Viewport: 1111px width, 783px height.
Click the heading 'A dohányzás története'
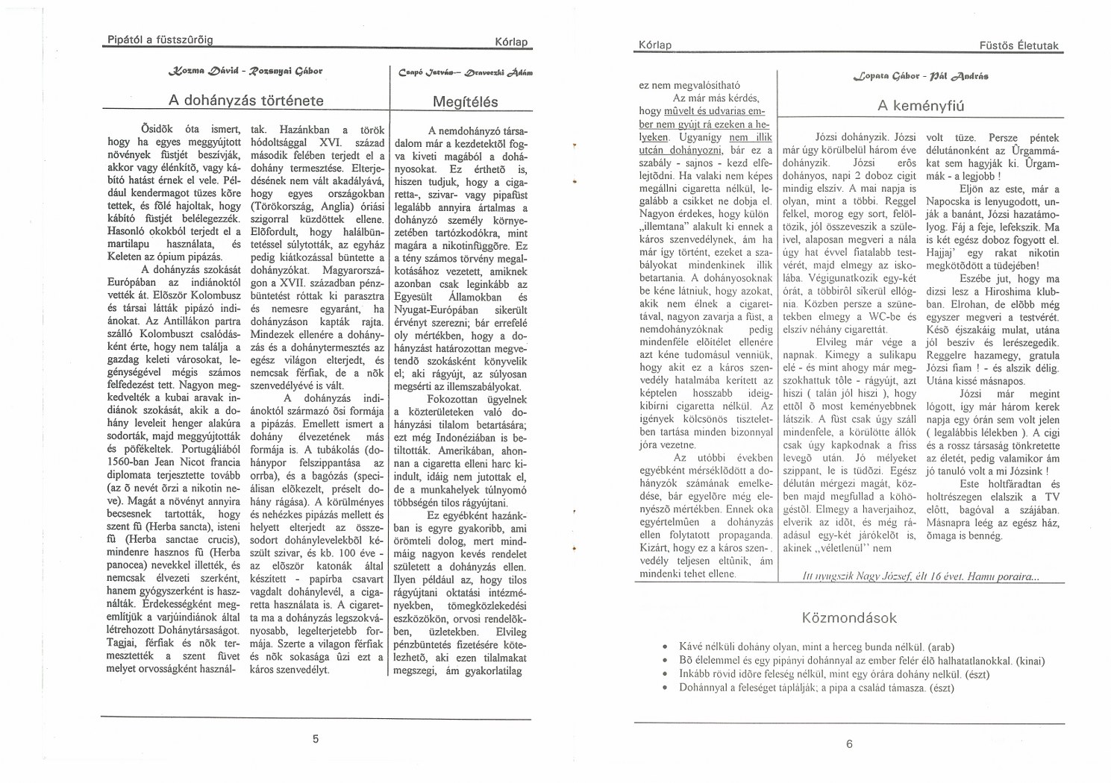point(245,101)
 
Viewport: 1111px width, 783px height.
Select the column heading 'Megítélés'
point(459,101)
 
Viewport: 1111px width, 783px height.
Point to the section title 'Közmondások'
point(849,618)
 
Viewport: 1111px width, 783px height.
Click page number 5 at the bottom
point(316,739)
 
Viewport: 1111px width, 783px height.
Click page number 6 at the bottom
point(849,743)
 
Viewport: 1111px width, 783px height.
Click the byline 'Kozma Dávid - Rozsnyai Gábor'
point(245,72)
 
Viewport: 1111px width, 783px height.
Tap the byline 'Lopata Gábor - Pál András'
point(920,76)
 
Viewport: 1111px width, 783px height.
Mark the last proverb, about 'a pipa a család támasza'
point(816,688)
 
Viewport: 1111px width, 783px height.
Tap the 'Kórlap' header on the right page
point(655,45)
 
